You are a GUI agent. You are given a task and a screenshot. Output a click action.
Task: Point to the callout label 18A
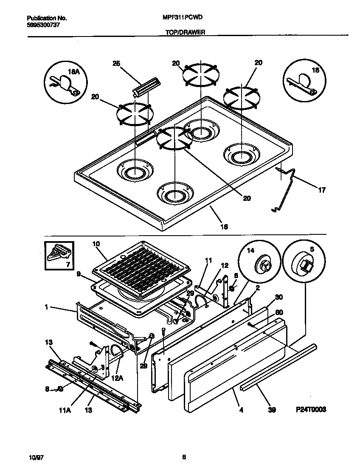pyautogui.click(x=74, y=73)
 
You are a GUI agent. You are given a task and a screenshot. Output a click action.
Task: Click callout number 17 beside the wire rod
pyautogui.click(x=322, y=190)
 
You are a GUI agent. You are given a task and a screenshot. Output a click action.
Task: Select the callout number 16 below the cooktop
pyautogui.click(x=224, y=227)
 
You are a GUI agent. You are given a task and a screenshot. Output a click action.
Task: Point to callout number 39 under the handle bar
pyautogui.click(x=272, y=410)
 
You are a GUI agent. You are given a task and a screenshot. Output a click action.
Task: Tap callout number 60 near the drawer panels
pyautogui.click(x=279, y=312)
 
